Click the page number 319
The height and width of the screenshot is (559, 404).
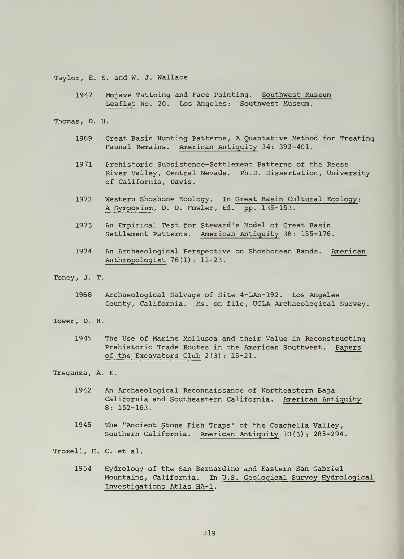point(209,533)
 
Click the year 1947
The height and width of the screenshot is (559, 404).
point(84,95)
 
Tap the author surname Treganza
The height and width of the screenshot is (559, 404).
point(72,373)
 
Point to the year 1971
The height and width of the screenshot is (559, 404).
point(84,165)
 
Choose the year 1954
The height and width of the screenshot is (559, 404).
point(83,469)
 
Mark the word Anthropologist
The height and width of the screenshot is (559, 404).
point(135,260)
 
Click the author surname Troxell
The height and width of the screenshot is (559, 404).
point(71,451)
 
